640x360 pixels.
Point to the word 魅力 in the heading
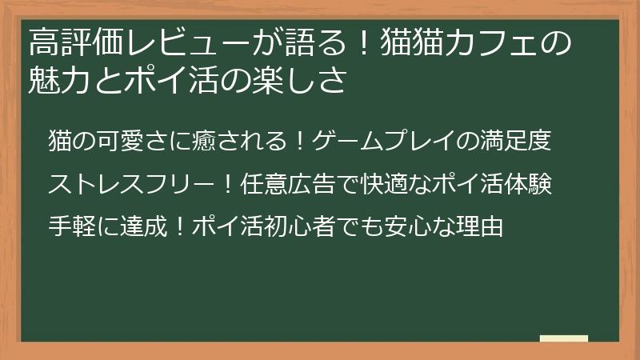[x=57, y=81]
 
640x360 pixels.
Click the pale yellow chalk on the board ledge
[x=563, y=338]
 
